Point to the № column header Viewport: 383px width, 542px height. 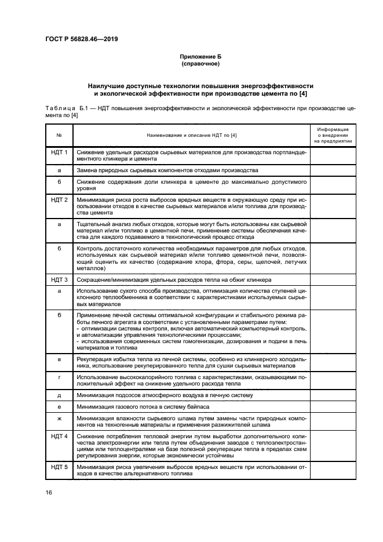[x=59, y=135]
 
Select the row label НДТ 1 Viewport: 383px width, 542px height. [x=59, y=152]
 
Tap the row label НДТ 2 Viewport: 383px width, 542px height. [x=59, y=200]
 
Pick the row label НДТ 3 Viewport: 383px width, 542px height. [x=59, y=279]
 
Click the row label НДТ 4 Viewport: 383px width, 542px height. [x=59, y=435]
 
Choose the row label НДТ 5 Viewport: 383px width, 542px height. [x=59, y=467]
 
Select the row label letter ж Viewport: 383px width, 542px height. [x=59, y=417]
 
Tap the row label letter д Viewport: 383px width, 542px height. [x=59, y=395]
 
